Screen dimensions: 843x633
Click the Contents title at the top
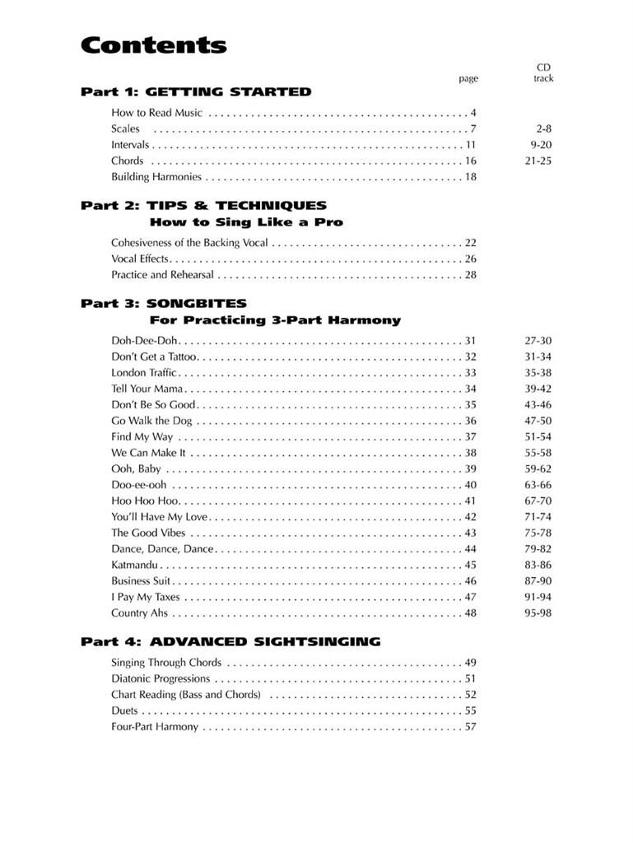153,45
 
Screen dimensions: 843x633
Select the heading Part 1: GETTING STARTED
196,91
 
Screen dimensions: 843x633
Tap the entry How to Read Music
156,113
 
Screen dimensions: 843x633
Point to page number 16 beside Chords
470,161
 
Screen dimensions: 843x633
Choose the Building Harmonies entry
156,177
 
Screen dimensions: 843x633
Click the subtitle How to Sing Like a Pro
246,221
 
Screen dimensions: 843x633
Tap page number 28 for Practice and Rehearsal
470,275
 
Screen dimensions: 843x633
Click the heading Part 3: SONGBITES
164,303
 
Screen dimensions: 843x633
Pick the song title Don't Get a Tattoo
154,356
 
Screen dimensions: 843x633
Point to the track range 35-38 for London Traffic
538,373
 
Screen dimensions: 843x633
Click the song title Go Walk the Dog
151,421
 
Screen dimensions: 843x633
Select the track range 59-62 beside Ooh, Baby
538,469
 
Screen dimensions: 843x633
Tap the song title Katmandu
135,566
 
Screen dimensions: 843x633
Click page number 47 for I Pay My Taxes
470,598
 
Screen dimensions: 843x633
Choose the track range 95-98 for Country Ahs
538,613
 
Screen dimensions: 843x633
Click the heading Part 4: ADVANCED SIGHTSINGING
230,641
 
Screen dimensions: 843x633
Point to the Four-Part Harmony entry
155,727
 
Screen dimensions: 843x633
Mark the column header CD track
543,72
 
